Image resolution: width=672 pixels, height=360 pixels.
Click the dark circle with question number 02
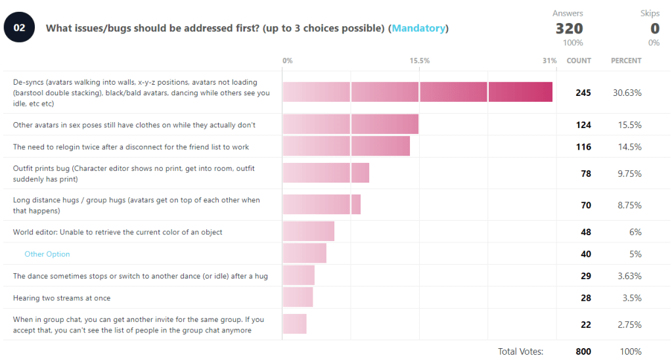(20, 28)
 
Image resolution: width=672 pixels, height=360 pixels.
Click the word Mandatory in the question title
(419, 28)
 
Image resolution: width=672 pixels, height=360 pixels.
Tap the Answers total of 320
(569, 28)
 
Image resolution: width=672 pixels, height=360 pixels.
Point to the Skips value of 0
(654, 28)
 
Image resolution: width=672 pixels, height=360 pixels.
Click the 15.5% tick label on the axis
(420, 60)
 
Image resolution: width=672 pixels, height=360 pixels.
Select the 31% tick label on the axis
(549, 60)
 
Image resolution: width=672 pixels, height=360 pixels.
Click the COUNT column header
(579, 60)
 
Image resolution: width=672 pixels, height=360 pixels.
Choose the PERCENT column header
(626, 60)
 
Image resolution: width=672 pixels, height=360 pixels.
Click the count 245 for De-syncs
(583, 93)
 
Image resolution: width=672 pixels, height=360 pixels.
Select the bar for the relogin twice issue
(346, 146)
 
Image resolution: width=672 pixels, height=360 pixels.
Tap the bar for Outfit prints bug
(326, 173)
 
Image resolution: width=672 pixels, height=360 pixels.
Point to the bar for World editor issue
(308, 232)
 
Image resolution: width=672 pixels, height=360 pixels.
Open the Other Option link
(47, 254)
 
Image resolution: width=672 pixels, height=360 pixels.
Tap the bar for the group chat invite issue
(294, 325)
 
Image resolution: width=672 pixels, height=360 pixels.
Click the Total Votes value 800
(583, 351)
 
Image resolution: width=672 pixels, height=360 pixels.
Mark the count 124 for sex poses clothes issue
(583, 125)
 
